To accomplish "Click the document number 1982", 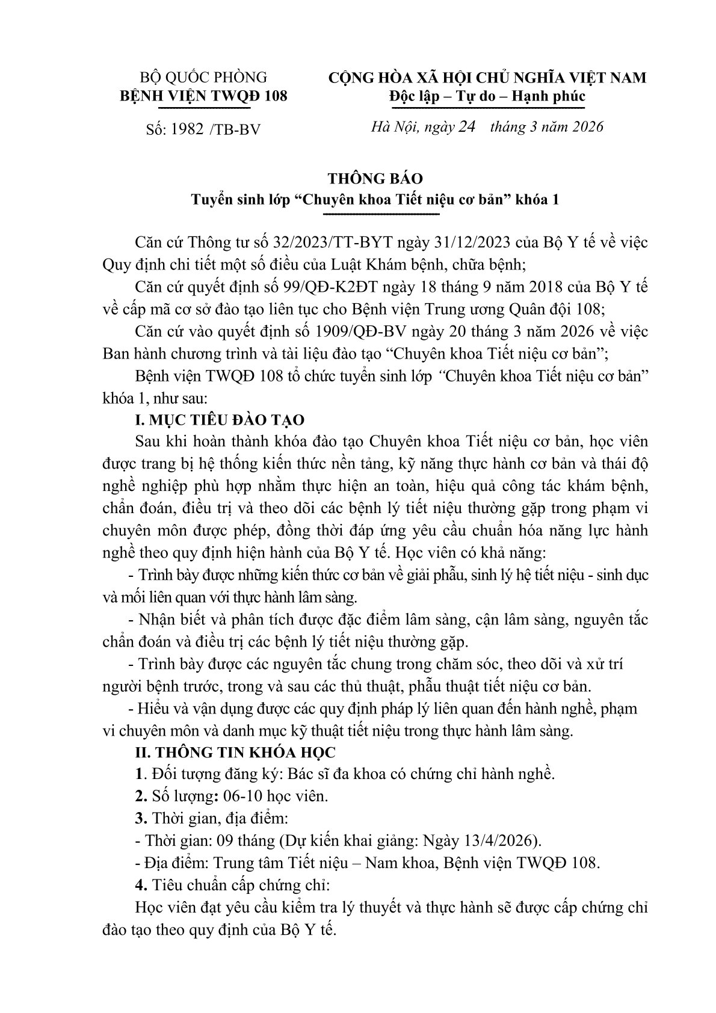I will [186, 129].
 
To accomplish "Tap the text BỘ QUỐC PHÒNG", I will [203, 78].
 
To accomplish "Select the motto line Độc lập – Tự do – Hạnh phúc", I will [487, 96].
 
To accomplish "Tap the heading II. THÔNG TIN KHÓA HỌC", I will [236, 752].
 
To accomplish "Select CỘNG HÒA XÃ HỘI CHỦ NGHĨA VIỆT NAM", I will [487, 78].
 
